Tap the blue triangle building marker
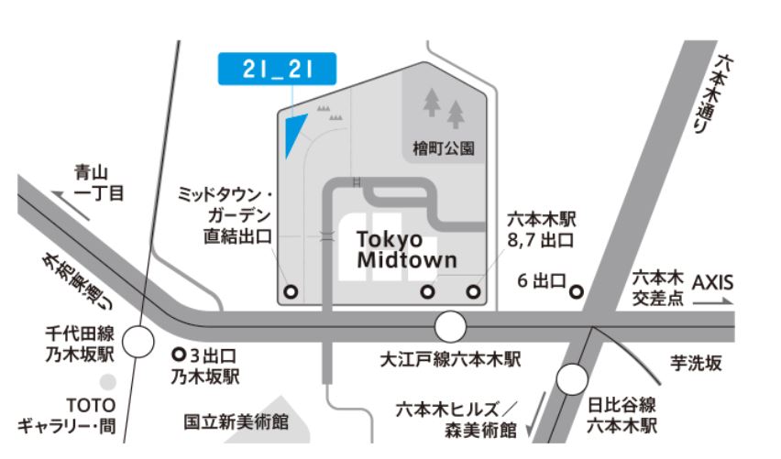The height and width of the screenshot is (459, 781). [x=294, y=135]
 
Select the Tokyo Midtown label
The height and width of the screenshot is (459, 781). [x=406, y=249]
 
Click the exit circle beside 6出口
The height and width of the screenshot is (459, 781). [x=577, y=292]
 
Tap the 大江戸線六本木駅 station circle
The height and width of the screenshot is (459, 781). [x=450, y=326]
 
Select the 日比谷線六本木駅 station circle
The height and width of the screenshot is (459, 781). [x=573, y=377]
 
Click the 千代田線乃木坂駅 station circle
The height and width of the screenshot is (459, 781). [x=139, y=344]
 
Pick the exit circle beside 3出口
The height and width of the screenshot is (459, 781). [x=179, y=352]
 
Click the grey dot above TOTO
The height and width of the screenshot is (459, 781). [x=109, y=380]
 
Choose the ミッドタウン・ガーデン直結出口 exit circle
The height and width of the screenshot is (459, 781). [x=291, y=292]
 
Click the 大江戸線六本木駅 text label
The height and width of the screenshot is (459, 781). [x=450, y=360]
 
